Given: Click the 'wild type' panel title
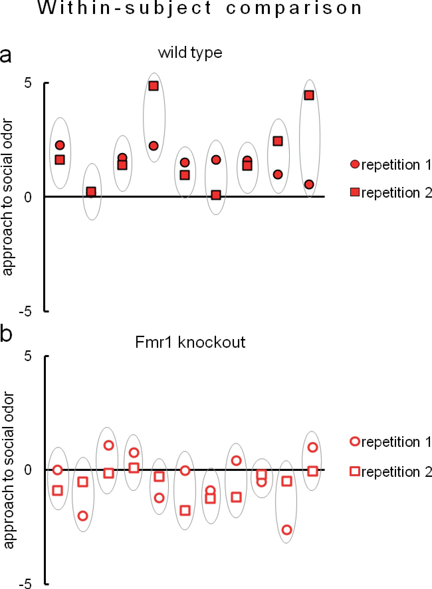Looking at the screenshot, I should [190, 53].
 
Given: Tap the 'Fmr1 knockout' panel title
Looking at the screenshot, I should [190, 342].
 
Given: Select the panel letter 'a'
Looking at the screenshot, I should [6, 55].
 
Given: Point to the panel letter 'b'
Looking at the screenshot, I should [6, 333].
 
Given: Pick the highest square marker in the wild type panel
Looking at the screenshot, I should [153, 86].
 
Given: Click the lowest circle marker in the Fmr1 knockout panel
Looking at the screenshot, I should [287, 530].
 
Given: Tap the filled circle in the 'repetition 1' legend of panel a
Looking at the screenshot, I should [355, 164].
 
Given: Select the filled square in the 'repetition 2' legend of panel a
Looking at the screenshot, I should [355, 192].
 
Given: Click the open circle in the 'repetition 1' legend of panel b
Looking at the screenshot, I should [355, 442].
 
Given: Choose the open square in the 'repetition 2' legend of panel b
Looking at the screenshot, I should [355, 471].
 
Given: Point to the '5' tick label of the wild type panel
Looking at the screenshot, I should [28, 83].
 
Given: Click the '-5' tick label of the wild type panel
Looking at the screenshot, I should [25, 312].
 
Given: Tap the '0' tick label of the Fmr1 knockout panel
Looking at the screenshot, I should [28, 470].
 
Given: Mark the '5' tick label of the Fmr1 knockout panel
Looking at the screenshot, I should [28, 356].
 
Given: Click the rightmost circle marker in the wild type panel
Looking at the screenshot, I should [309, 184].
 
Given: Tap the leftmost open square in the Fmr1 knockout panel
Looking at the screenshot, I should [57, 491].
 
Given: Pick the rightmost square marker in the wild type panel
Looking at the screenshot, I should [309, 95].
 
